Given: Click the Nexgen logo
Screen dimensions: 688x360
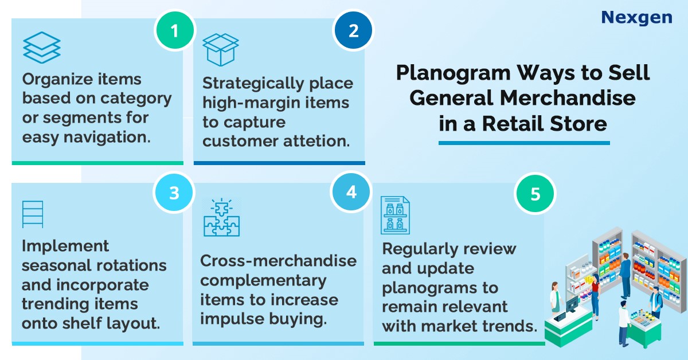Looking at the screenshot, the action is tap(637, 18).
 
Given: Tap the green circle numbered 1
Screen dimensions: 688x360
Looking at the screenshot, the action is tap(175, 30).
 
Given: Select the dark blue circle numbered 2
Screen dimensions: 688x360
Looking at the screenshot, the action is tap(353, 30).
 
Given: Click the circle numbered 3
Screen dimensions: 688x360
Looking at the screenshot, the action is tap(174, 193).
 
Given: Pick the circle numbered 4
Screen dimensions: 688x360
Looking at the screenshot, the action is tap(351, 192).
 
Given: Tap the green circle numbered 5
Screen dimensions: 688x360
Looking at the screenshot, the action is tap(535, 194).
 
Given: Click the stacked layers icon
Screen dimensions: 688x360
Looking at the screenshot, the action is tap(42, 48).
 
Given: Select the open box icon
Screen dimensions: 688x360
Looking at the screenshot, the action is tap(221, 50).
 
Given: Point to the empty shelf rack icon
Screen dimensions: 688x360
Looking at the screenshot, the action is tap(33, 214).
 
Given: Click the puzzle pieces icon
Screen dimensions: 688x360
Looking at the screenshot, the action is tap(221, 217).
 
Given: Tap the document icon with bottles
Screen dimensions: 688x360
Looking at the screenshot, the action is tap(395, 215).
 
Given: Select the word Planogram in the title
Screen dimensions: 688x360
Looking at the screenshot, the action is tap(454, 74).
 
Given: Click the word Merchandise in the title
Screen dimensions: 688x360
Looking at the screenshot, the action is tap(568, 98).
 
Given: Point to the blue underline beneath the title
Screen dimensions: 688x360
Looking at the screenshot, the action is tap(524, 143).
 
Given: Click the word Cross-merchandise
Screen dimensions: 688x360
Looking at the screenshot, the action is tap(278, 261).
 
